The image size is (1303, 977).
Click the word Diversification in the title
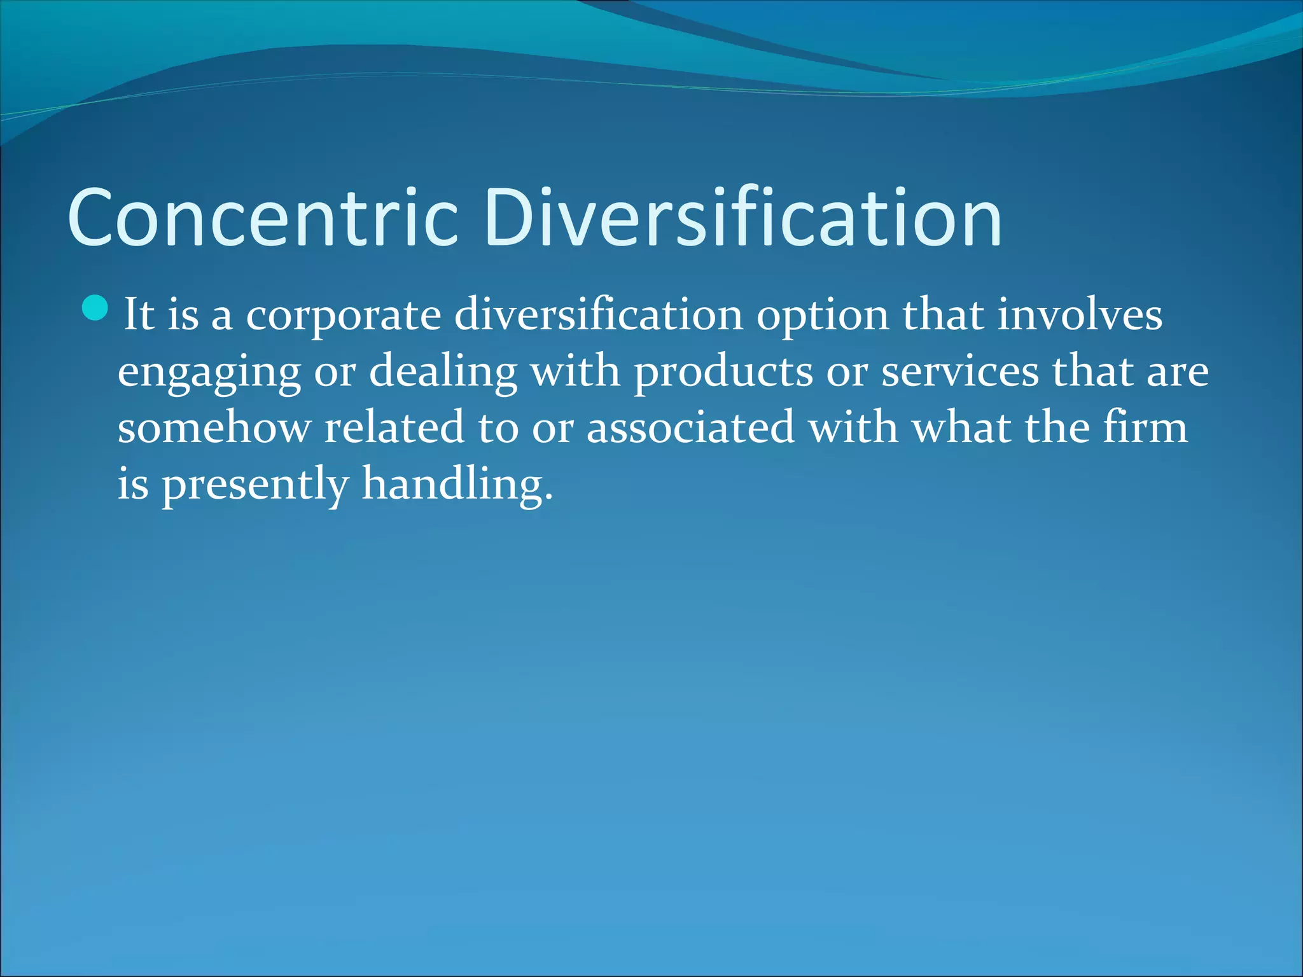pyautogui.click(x=742, y=218)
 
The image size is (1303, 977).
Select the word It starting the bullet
pyautogui.click(x=139, y=314)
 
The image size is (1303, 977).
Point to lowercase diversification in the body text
pyautogui.click(x=599, y=314)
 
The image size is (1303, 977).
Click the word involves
pyautogui.click(x=1080, y=314)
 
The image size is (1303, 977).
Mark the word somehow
pyautogui.click(x=214, y=427)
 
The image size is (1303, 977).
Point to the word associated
pyautogui.click(x=690, y=427)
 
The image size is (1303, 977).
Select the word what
pyautogui.click(x=961, y=427)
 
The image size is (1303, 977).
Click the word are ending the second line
pyautogui.click(x=1178, y=372)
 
